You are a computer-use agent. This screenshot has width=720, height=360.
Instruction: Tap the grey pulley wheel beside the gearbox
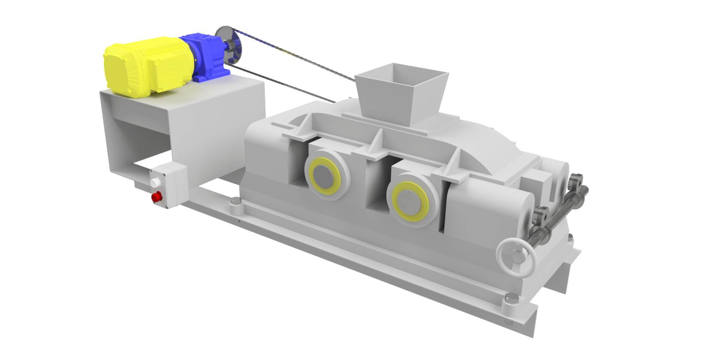click(228, 45)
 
